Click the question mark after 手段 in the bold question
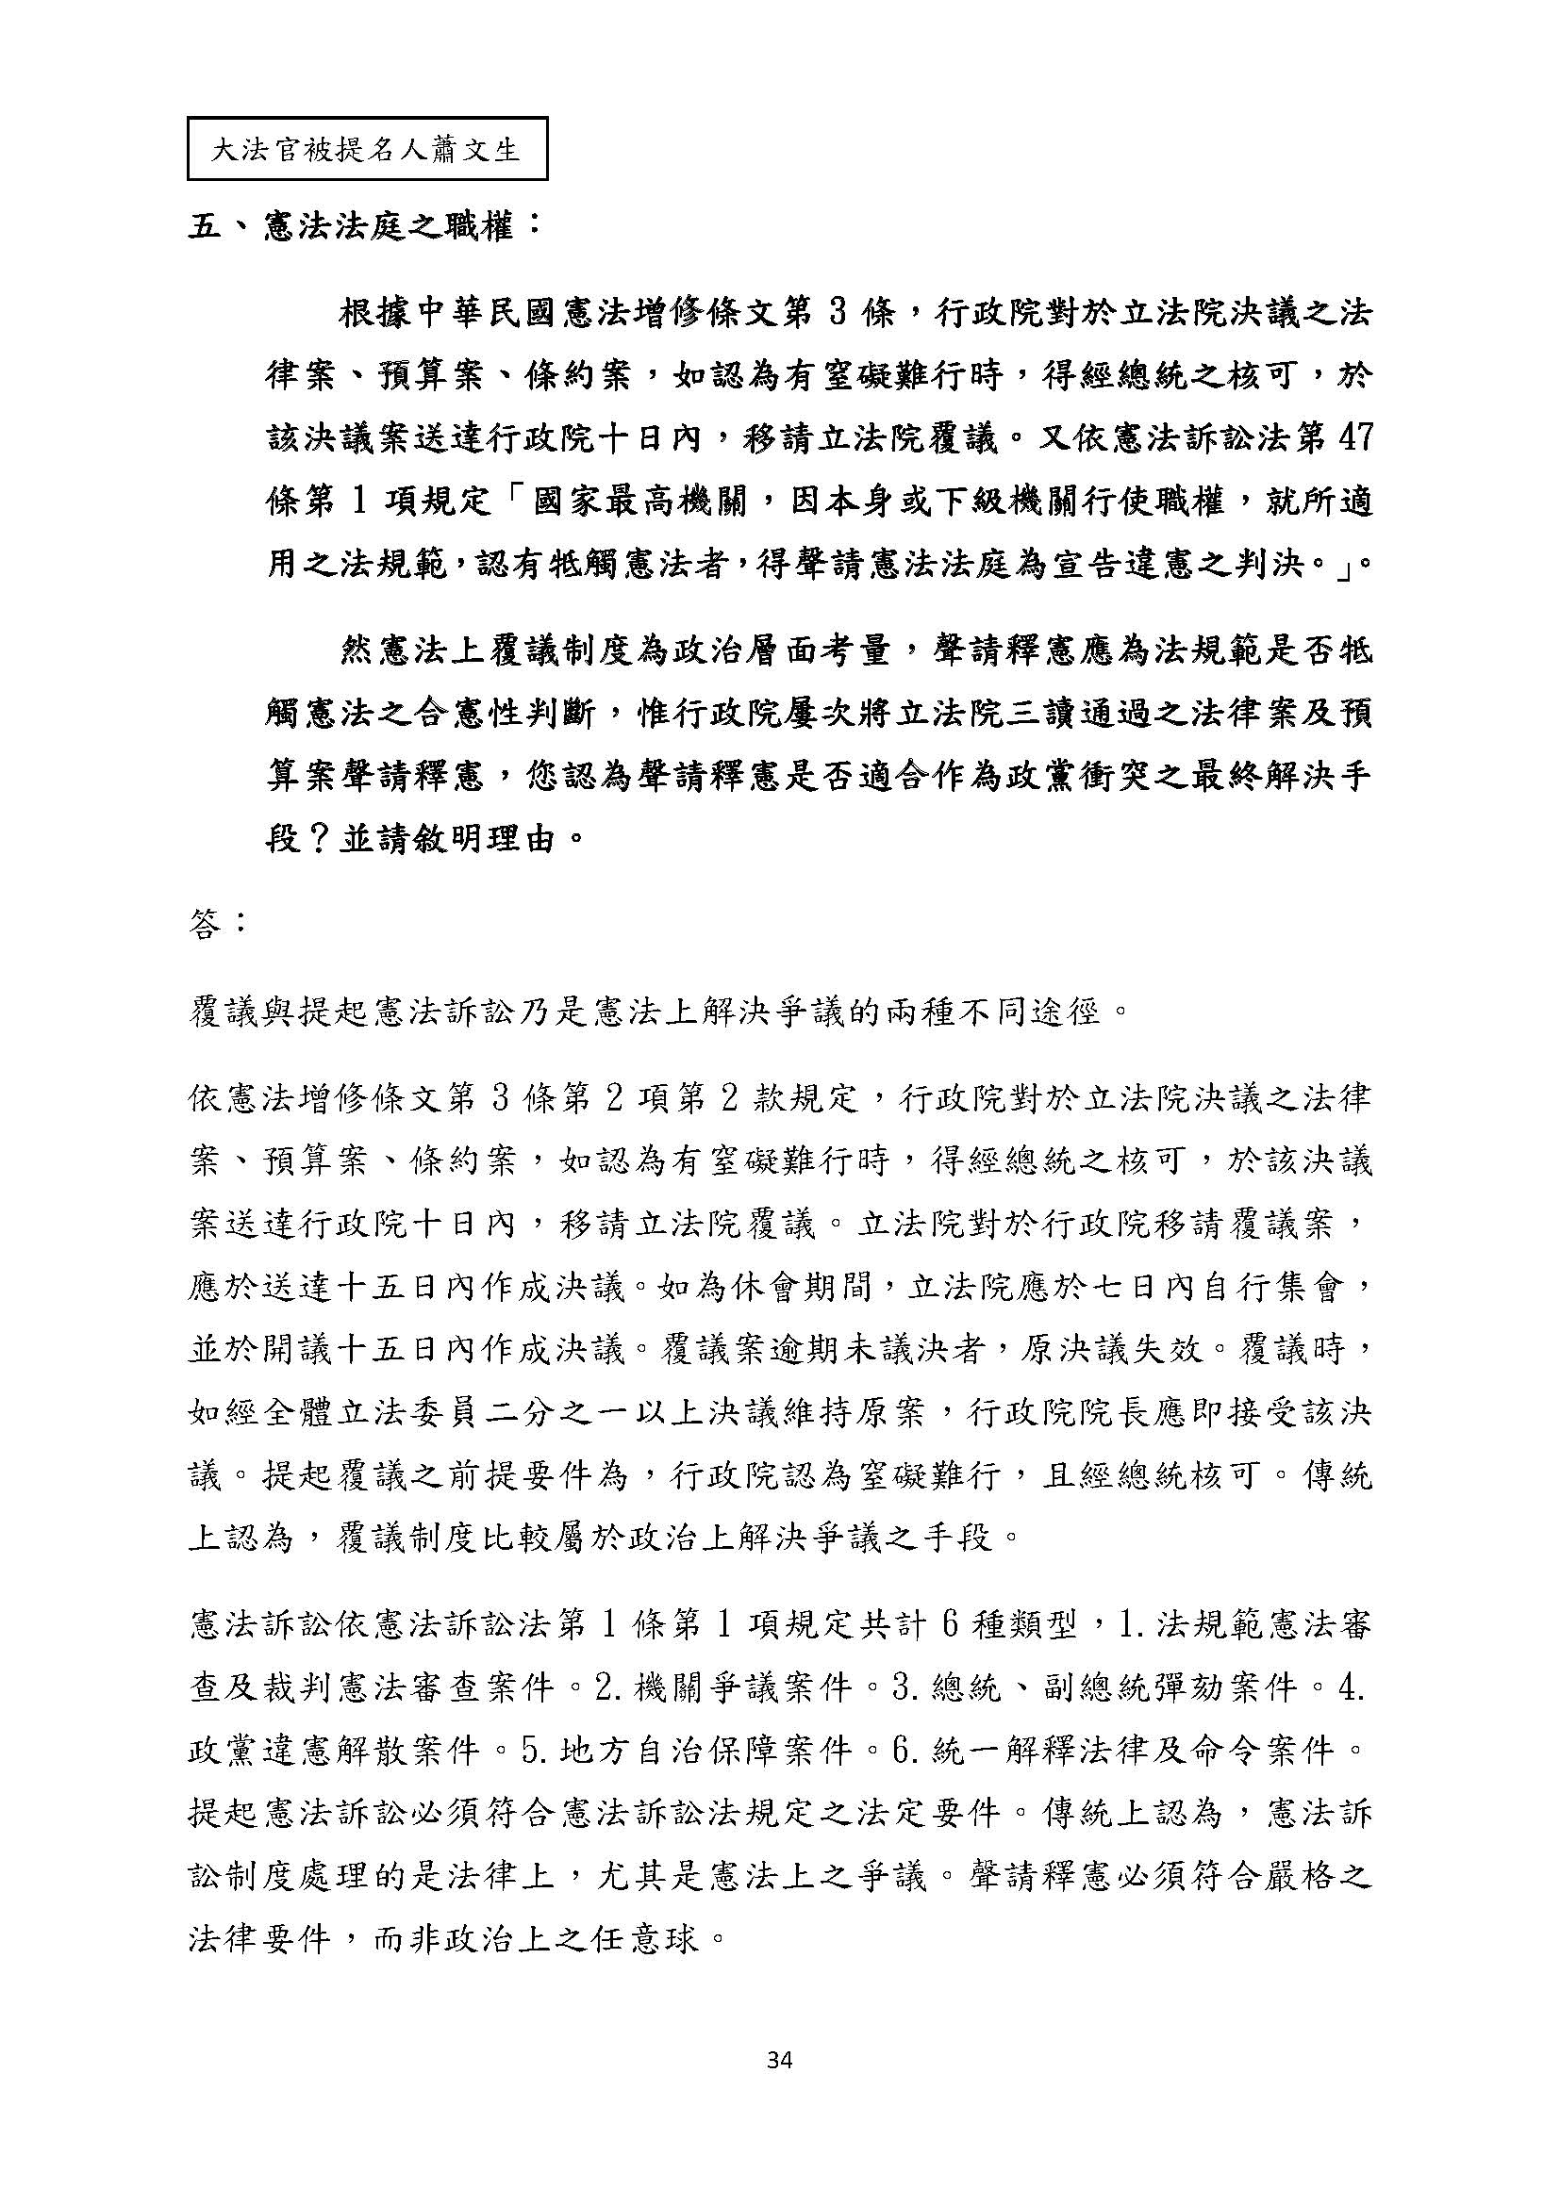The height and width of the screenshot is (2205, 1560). click(x=319, y=838)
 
